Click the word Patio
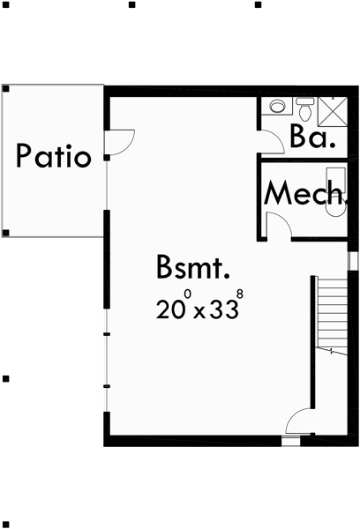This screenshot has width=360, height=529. (54, 157)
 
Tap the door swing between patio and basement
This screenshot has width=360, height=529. (121, 141)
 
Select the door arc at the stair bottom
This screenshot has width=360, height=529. (301, 422)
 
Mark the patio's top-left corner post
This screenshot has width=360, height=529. (6, 88)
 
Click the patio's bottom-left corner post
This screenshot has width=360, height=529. (6, 234)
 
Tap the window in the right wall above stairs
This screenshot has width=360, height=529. (351, 262)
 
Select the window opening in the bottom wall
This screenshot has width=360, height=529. (290, 438)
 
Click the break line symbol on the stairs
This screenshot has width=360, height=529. (331, 351)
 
